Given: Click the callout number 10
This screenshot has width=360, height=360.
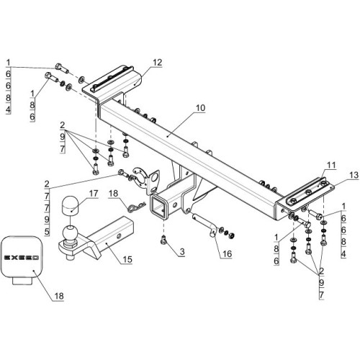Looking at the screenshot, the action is pyautogui.click(x=200, y=108).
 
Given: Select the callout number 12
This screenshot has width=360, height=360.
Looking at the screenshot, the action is pyautogui.click(x=157, y=63).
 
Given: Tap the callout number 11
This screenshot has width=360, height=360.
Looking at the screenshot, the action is pyautogui.click(x=331, y=166).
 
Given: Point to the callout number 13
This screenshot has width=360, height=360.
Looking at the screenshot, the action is pyautogui.click(x=354, y=175).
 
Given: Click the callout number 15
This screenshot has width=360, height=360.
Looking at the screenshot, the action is pyautogui.click(x=127, y=259).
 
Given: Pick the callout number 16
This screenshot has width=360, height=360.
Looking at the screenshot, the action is pyautogui.click(x=227, y=253).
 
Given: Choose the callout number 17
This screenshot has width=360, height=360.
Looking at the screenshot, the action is pyautogui.click(x=94, y=193).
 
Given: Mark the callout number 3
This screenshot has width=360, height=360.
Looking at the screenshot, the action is pyautogui.click(x=182, y=252).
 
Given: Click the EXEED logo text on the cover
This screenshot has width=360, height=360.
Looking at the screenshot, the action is pyautogui.click(x=22, y=258).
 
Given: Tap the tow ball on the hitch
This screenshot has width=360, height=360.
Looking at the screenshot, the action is pyautogui.click(x=70, y=233).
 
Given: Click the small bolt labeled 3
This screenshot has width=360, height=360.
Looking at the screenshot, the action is pyautogui.click(x=163, y=240).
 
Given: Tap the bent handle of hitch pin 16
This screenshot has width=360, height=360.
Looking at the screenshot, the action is pyautogui.click(x=212, y=231).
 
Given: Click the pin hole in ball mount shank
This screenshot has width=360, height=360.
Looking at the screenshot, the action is pyautogui.click(x=119, y=236).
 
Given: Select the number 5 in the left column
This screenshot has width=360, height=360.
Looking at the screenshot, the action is pyautogui.click(x=47, y=232).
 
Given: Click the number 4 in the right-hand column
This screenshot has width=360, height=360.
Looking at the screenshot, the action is pyautogui.click(x=343, y=253).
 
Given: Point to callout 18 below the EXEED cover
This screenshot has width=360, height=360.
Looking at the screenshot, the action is pyautogui.click(x=59, y=296).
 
